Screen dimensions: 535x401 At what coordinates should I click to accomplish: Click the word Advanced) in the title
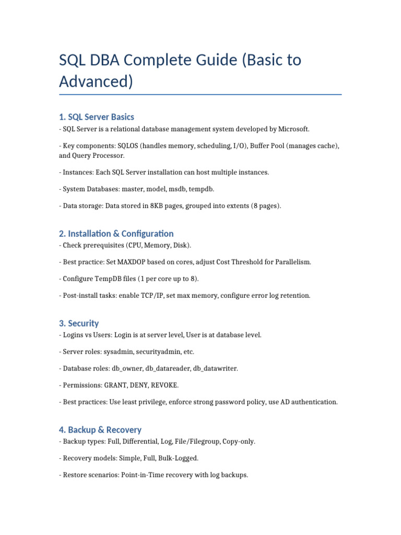point(96,82)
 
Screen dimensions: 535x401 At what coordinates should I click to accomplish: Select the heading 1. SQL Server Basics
point(97,117)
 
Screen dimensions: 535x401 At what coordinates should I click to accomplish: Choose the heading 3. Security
point(79,323)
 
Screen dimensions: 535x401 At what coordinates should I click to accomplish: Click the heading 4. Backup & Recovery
point(100,429)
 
